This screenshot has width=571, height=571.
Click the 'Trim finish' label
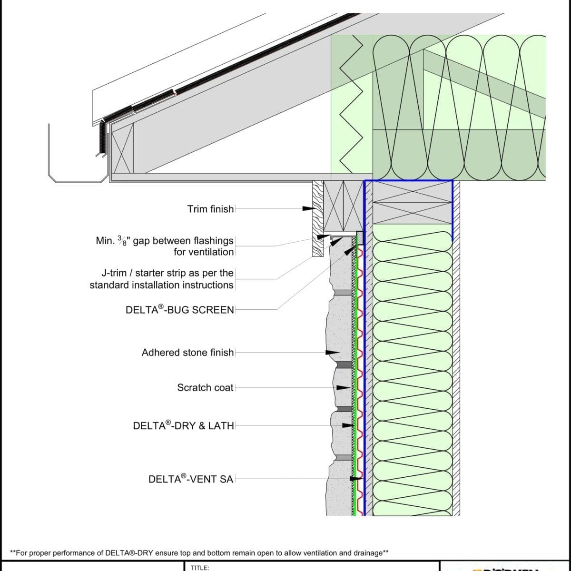point(210,209)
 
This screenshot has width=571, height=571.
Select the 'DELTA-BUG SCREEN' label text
point(180,310)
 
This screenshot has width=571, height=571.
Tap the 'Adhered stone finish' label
point(187,353)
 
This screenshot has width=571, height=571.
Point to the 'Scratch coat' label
point(205,388)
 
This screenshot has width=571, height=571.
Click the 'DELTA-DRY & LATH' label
point(184,426)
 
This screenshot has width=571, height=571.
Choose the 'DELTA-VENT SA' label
point(191,479)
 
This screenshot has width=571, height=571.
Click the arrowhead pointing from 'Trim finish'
point(309,209)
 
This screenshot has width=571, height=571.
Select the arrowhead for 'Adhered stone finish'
point(333,353)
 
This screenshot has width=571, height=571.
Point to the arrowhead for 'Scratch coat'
point(344,388)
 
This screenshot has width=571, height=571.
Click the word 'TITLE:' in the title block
point(200,567)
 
